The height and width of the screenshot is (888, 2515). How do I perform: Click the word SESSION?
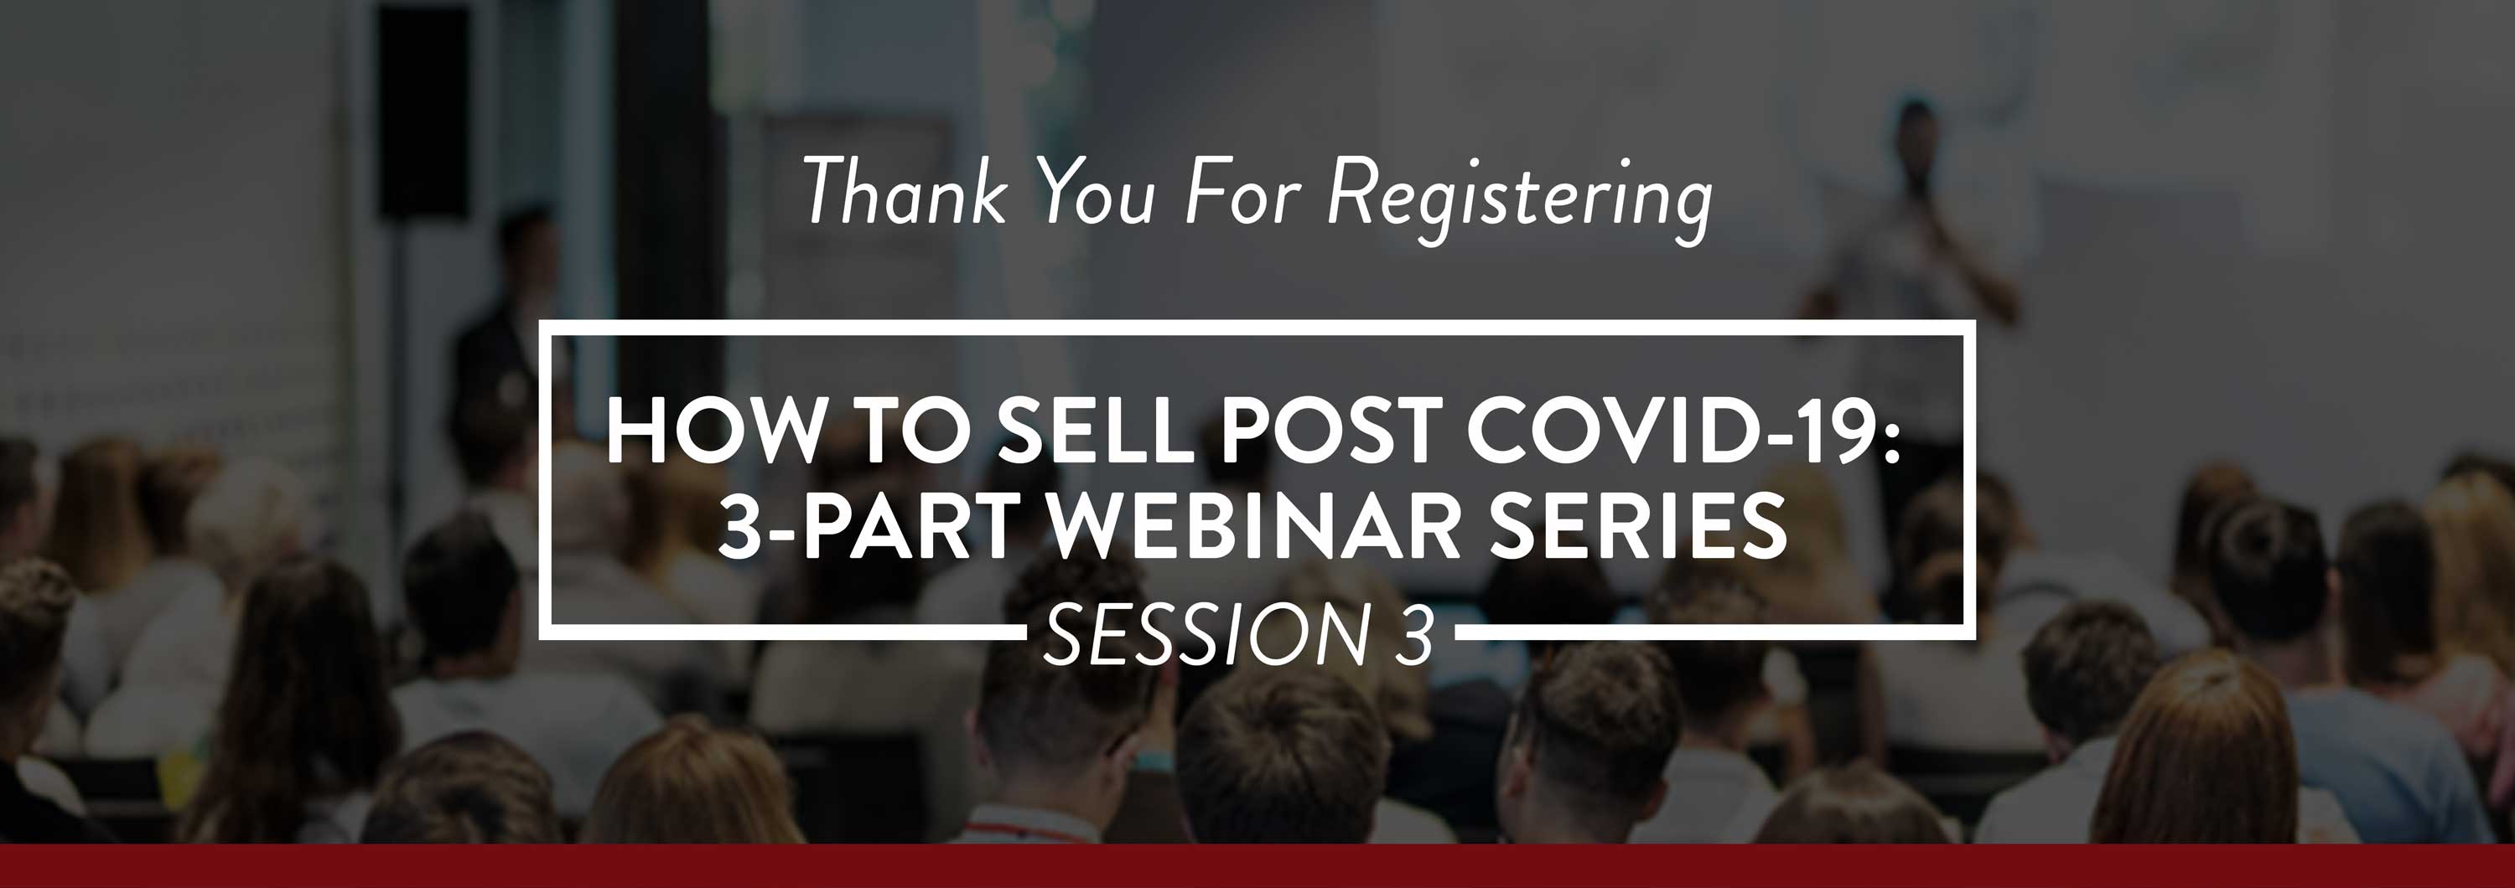pyautogui.click(x=1206, y=634)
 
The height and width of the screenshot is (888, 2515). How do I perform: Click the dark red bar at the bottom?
pyautogui.click(x=1257, y=866)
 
